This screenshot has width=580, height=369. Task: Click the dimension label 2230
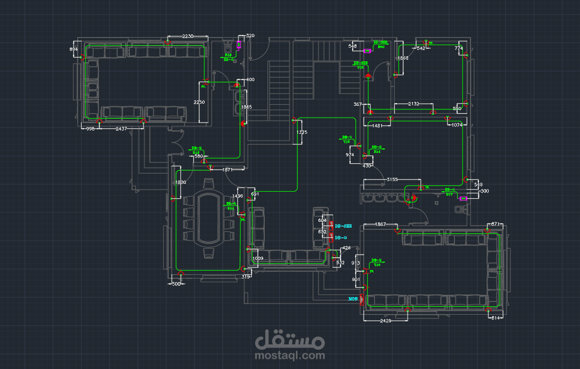click(x=187, y=36)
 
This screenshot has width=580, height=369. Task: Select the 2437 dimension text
click(x=122, y=129)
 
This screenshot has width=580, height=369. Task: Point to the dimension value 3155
click(x=392, y=180)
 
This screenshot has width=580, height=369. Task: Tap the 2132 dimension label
click(x=414, y=104)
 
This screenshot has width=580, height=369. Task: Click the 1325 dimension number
click(x=302, y=132)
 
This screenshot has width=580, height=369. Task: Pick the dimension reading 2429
click(x=385, y=320)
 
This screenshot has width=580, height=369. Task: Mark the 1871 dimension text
click(x=227, y=170)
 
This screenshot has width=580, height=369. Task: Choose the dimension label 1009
click(x=258, y=258)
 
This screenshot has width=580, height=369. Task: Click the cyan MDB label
click(x=353, y=298)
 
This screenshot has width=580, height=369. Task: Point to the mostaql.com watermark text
click(x=291, y=355)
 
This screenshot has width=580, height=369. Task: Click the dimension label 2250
click(x=199, y=102)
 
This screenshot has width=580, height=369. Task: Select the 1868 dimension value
click(x=402, y=58)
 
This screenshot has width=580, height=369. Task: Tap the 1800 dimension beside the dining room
click(x=180, y=183)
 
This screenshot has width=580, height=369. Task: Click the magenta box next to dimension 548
click(x=367, y=51)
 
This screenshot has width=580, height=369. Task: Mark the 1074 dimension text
click(x=457, y=125)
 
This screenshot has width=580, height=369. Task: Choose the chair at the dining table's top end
click(x=207, y=184)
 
